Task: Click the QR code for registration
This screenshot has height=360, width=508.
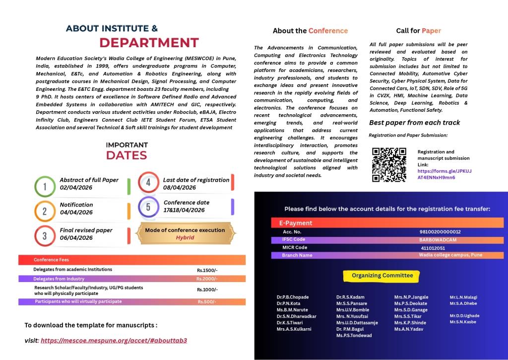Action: [389, 165]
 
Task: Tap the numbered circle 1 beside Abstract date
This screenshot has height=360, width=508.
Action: [45, 187]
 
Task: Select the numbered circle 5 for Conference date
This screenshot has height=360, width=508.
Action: [148, 207]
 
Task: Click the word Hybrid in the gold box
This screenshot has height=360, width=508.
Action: [185, 238]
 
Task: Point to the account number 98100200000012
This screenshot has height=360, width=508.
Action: [440, 232]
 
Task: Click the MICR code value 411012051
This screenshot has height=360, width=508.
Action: [433, 248]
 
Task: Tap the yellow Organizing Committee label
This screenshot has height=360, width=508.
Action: [382, 276]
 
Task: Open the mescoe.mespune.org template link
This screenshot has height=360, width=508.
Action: [114, 341]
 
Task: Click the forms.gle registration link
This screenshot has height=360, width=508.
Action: [444, 174]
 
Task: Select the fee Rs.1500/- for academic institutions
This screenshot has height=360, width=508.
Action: [207, 270]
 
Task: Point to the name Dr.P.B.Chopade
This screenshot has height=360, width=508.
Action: [293, 297]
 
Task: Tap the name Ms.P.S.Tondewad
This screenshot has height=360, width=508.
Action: [354, 336]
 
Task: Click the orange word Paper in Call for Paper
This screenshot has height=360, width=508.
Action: [431, 31]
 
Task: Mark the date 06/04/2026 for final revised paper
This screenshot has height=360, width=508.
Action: [76, 238]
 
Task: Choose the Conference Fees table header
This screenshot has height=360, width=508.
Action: [52, 260]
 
